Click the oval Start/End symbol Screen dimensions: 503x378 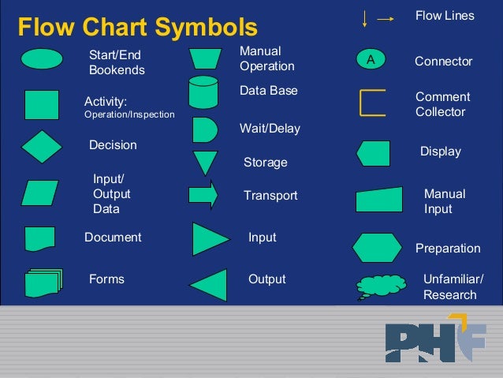coord(41,59)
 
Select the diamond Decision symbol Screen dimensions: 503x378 coord(41,146)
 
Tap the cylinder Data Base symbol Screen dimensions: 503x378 coord(203,92)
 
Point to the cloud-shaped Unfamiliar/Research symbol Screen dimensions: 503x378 coord(381,286)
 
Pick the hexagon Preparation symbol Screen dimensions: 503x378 coord(377,248)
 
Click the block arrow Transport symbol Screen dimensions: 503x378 coord(203,195)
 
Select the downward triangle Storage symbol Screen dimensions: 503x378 coord(205,162)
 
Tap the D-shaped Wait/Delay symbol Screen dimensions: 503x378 coord(203,129)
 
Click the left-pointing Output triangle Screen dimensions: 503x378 coord(210,285)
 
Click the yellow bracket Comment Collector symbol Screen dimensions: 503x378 coord(371,103)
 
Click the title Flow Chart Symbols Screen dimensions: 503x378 coord(138,28)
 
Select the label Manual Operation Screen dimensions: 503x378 coord(266,58)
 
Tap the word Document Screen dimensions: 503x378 coord(113,238)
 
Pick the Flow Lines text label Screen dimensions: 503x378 coord(445,16)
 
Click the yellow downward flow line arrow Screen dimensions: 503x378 coord(364,20)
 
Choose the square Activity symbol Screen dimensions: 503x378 coord(41,105)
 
